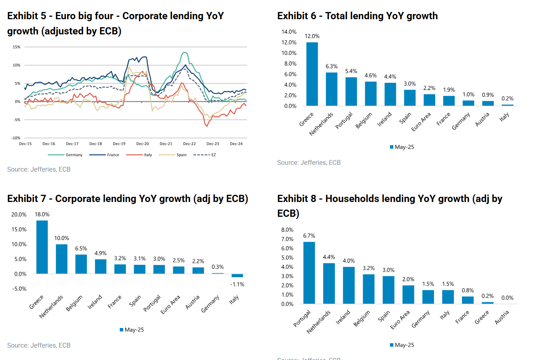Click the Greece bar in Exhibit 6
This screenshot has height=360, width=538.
tap(312, 74)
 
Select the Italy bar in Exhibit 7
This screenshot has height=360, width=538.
tap(237, 276)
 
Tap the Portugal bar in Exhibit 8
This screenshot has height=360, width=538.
tap(309, 273)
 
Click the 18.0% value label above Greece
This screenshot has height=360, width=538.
tap(42, 214)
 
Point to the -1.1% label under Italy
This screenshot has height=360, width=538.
tap(237, 284)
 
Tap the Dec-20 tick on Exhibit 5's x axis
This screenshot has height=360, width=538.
tap(142, 144)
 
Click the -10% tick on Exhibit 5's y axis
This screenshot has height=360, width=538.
tap(16, 138)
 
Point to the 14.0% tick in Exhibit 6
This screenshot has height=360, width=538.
tap(289, 32)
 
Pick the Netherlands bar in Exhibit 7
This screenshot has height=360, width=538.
tap(62, 259)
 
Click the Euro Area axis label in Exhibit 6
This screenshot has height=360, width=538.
tap(421, 122)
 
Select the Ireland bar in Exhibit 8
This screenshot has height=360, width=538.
tap(349, 285)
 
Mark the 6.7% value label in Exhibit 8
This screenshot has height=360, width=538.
tap(309, 236)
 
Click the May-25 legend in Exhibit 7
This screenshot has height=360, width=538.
tap(132, 330)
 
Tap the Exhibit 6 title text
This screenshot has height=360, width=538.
tap(357, 16)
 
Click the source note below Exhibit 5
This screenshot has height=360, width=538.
tap(39, 169)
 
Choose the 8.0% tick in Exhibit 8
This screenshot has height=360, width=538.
tap(287, 230)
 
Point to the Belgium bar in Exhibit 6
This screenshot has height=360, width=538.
tap(371, 94)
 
